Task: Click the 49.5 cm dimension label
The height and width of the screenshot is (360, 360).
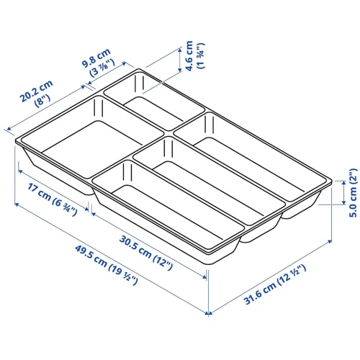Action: [107, 265]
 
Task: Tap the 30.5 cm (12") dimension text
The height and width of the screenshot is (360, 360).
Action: [146, 253]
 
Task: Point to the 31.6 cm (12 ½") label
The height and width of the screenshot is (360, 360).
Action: [275, 284]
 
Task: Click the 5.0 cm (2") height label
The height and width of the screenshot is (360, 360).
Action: [353, 193]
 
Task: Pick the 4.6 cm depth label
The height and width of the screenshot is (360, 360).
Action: [189, 56]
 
